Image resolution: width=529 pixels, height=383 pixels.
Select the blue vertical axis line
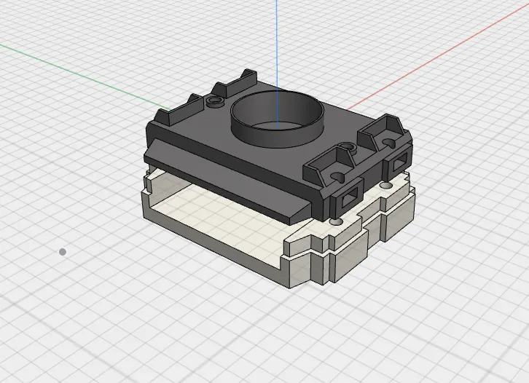[277, 44]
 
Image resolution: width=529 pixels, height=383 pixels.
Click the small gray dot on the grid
[63, 252]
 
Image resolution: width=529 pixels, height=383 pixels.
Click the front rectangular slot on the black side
[348, 197]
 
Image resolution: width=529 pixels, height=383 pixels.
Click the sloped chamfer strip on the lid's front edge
[226, 182]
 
